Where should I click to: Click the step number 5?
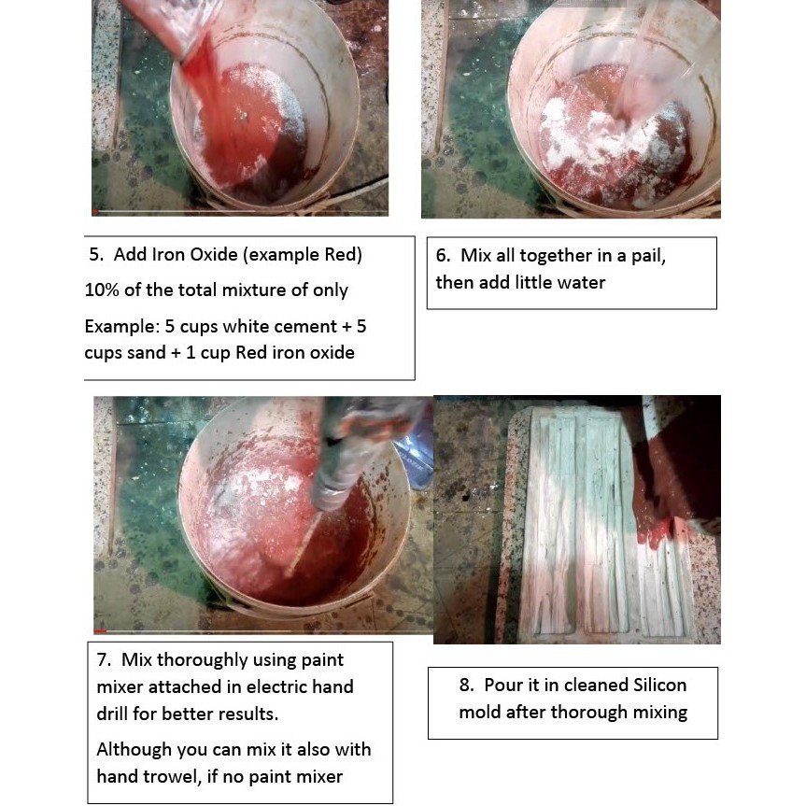coord(95,254)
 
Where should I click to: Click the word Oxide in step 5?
coord(215,254)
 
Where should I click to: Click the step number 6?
coord(443,256)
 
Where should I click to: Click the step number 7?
coord(104,660)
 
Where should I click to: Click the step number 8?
coord(466,686)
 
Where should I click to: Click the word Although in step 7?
coord(134,750)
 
